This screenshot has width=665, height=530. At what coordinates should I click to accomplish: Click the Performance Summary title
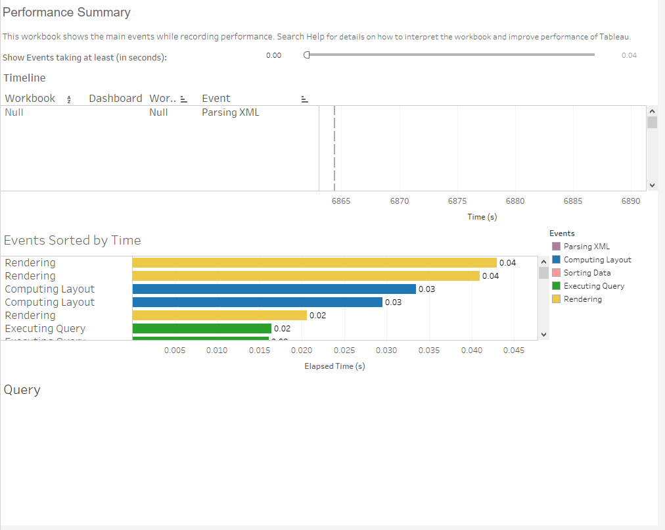67,12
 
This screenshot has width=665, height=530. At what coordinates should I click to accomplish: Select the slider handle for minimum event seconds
307,55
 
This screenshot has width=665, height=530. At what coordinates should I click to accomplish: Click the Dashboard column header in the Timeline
115,98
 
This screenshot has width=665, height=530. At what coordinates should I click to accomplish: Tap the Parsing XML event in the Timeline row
230,112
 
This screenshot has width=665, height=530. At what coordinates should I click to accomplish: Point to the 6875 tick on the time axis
457,201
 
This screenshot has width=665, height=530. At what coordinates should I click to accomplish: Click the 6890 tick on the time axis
630,201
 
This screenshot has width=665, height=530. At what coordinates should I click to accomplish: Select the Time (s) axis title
482,217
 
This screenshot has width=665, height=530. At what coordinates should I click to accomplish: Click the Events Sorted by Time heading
72,240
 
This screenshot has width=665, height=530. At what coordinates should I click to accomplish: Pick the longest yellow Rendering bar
314,262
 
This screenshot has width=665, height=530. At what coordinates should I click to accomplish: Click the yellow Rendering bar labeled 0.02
219,315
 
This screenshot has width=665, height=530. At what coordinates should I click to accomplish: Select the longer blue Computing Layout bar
274,289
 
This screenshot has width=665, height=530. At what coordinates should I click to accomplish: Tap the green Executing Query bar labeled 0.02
202,328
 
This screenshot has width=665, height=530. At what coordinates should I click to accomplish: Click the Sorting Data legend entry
587,273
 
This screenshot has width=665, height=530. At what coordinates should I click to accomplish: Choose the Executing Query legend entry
593,286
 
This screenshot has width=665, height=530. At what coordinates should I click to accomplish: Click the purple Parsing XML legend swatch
556,247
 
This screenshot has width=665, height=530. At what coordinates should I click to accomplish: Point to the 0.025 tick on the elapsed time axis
344,350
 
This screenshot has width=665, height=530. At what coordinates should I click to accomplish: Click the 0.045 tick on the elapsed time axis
513,350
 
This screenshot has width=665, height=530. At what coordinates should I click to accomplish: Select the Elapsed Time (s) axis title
334,366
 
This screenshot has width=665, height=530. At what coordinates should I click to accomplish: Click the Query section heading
22,389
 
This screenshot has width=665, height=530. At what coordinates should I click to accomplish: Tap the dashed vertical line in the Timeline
334,148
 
